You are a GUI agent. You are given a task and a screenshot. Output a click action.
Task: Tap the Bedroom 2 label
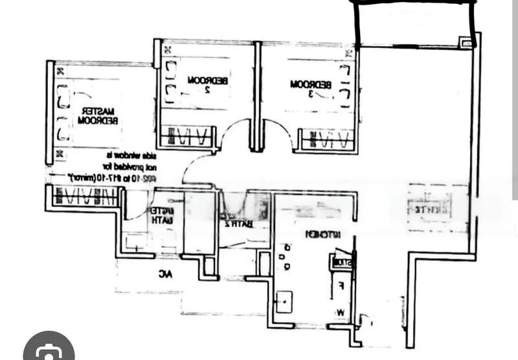pyautogui.click(x=207, y=84)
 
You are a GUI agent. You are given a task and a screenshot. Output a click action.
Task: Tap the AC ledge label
pyautogui.click(x=166, y=274)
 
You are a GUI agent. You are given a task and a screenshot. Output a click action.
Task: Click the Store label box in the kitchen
pyautogui.click(x=341, y=263)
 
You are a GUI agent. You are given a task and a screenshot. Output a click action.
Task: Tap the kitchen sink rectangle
pyautogui.click(x=284, y=300)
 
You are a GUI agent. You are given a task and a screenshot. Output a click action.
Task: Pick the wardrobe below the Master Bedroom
pyautogui.click(x=85, y=196)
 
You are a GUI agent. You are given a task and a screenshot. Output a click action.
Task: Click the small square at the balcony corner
pyautogui.click(x=466, y=42)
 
